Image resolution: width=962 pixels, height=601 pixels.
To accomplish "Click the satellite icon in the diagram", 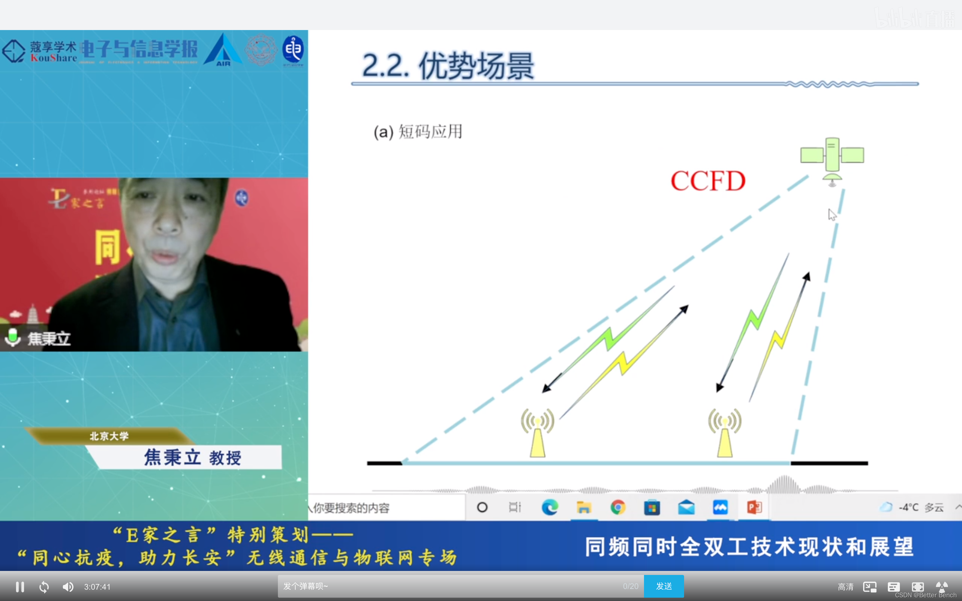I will tap(832, 159).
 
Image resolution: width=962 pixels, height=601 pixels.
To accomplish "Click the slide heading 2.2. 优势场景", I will tap(448, 66).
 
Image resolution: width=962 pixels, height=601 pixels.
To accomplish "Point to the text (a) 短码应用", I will tap(418, 132).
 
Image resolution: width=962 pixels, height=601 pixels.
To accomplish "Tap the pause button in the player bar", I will tap(20, 586).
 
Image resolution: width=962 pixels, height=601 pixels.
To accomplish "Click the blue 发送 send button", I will tap(663, 586).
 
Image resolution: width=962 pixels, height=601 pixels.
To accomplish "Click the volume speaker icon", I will tap(68, 586).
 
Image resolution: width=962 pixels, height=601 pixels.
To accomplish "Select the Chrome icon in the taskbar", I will tap(618, 507).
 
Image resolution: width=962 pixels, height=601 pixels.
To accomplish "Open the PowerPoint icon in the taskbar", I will tap(754, 507).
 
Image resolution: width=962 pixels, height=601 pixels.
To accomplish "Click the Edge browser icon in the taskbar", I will tap(550, 507).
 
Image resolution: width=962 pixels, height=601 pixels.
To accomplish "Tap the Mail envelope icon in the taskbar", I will tap(686, 507).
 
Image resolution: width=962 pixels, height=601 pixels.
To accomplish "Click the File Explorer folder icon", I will tap(584, 507).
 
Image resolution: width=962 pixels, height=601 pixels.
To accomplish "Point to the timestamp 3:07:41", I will tap(98, 587).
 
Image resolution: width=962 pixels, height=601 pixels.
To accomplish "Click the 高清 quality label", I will tap(845, 587).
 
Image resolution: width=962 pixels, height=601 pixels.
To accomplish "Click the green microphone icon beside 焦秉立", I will tap(13, 337).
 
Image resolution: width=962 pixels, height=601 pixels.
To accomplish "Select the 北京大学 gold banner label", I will tap(109, 436).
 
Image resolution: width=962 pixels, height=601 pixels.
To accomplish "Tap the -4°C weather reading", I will tap(908, 507).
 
